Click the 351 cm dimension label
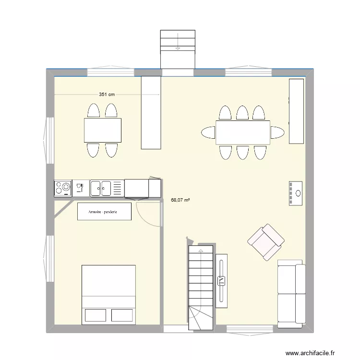[107, 95]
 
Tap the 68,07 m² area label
[180, 200]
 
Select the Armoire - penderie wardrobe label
[104, 212]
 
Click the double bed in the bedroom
[108, 294]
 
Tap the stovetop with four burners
[62, 188]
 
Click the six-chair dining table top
[243, 132]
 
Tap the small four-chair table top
[102, 130]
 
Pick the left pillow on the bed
[95, 315]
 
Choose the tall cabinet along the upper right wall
[296, 111]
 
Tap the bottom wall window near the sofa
[250, 328]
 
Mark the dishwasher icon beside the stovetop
[80, 188]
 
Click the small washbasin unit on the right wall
[296, 193]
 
